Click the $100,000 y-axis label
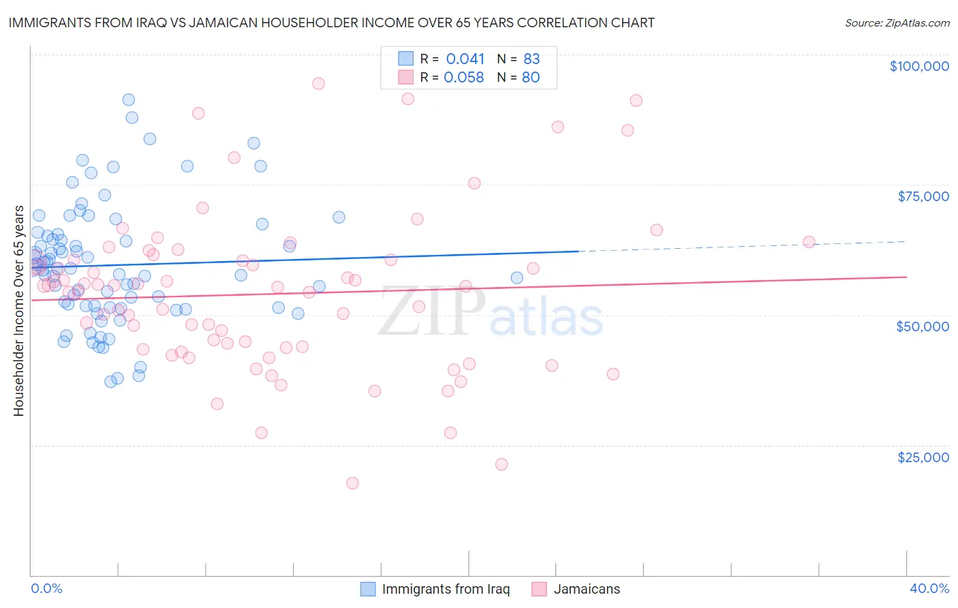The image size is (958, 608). (x=918, y=66)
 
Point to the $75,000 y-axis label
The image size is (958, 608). (x=923, y=196)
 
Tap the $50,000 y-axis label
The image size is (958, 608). (x=922, y=326)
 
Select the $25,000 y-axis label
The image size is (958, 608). (x=923, y=457)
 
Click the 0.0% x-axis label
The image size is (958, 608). (x=46, y=588)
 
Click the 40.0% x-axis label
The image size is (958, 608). (x=929, y=588)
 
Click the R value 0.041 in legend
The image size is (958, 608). (x=465, y=59)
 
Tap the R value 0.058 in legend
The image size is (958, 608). (x=463, y=78)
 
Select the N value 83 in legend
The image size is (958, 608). (x=531, y=59)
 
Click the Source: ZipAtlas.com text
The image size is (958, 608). (x=897, y=23)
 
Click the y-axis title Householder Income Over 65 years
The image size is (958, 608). (x=19, y=311)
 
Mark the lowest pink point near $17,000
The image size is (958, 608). (x=352, y=483)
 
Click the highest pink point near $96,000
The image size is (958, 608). (x=318, y=83)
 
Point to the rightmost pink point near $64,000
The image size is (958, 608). (x=809, y=242)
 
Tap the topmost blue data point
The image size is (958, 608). (x=128, y=100)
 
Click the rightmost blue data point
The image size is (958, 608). (x=516, y=277)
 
